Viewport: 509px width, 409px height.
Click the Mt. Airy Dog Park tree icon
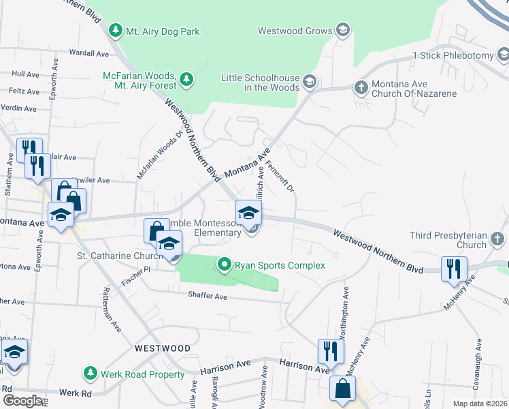(116, 30)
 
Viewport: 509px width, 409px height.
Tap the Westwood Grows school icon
(343, 30)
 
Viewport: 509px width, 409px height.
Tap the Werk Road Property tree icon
(89, 374)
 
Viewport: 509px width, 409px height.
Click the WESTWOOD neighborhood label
(162, 348)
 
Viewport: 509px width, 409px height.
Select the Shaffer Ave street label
(208, 296)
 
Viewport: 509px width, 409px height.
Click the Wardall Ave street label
(88, 52)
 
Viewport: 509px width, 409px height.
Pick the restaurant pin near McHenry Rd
(452, 268)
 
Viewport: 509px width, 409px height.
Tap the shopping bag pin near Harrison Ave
(342, 389)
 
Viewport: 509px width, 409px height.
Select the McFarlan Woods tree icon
(186, 81)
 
